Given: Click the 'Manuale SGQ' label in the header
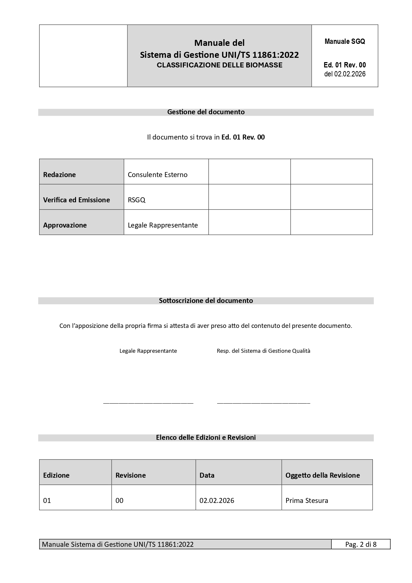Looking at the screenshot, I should click(x=345, y=42).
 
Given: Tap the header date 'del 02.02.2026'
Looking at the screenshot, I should click(x=345, y=74).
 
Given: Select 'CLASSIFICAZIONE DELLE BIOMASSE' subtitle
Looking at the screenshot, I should click(x=219, y=65).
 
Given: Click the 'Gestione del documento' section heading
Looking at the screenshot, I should click(x=206, y=112).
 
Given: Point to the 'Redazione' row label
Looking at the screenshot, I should click(x=59, y=175).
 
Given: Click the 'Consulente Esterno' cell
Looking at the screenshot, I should click(x=158, y=175).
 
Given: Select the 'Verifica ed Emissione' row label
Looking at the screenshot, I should click(x=76, y=200).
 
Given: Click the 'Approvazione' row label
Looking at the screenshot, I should click(x=65, y=225).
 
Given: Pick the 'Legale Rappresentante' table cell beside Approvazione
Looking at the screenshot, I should click(x=163, y=225).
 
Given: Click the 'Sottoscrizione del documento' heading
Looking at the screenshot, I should click(x=206, y=301).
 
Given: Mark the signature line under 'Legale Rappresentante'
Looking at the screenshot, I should click(x=148, y=403).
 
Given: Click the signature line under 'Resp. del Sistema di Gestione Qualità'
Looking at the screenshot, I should click(x=263, y=403).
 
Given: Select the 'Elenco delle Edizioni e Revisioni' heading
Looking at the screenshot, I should click(x=206, y=437).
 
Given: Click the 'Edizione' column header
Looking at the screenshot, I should click(x=56, y=475).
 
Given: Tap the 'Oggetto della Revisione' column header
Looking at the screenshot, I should click(x=322, y=475).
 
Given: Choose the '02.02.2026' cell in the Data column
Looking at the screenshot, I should click(x=217, y=501).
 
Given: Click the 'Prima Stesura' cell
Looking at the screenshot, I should click(x=307, y=501).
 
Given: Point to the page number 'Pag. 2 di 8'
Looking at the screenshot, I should click(x=361, y=544).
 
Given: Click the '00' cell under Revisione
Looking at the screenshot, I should click(x=119, y=501).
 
